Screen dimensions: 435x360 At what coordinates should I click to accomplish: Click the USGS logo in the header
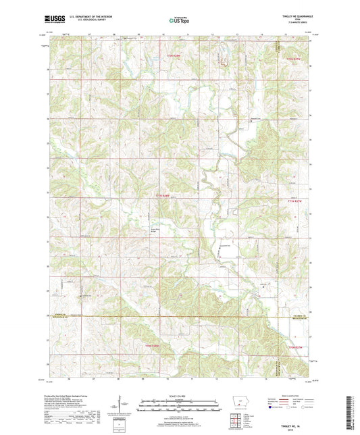[54, 21]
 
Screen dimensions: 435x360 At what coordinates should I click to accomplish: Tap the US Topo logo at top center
[179, 21]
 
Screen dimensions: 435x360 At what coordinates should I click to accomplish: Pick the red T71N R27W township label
[292, 201]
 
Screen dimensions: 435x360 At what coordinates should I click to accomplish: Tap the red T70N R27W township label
[297, 347]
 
